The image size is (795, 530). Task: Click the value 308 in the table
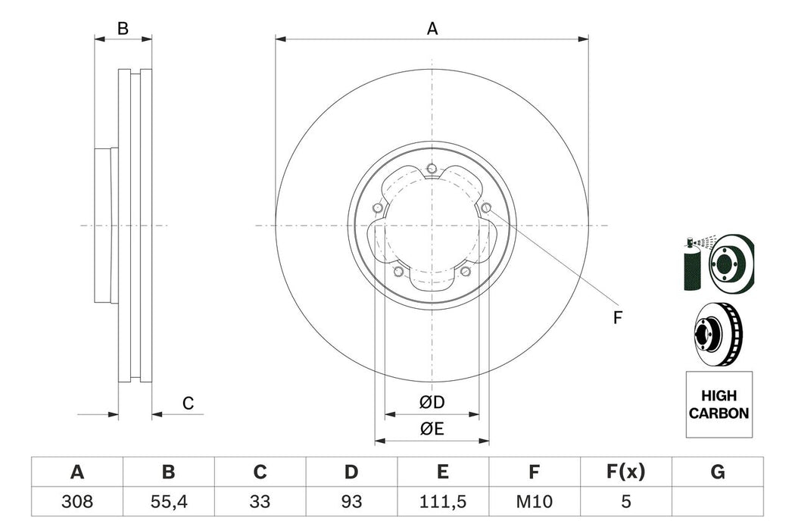76,502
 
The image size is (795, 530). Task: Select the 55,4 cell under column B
168,502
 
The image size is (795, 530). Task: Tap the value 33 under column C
260,502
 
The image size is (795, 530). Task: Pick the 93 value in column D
351,502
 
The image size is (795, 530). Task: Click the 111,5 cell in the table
443,502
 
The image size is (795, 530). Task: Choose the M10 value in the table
534,502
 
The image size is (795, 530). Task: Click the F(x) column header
625,472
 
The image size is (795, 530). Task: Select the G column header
717,472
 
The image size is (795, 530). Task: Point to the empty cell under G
717,502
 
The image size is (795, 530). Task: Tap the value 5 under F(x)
625,502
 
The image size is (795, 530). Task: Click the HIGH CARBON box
719,405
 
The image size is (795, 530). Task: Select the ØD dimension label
432,401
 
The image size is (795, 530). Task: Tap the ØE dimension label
432,429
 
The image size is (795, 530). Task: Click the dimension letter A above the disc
432,29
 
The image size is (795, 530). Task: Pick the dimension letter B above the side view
123,29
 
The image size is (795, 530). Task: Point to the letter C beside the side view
189,404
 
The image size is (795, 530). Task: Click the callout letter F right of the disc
617,318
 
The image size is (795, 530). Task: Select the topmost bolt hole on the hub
432,168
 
